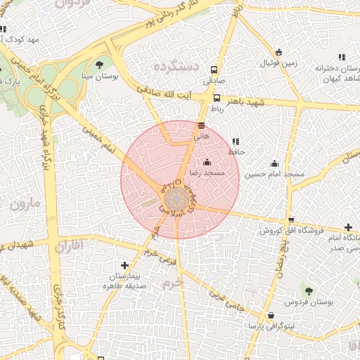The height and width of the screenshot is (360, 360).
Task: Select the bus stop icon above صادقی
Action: pos(214,70)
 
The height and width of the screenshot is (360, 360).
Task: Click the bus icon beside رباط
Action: pos(218,98)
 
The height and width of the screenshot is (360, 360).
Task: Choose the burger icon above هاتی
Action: pos(202,124)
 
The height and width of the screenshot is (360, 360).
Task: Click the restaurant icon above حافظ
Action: pos(235,141)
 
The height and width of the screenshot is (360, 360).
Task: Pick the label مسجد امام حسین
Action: pos(274,173)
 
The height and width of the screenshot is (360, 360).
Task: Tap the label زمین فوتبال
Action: pos(280,63)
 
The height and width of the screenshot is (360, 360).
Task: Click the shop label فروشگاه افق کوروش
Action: pos(290,231)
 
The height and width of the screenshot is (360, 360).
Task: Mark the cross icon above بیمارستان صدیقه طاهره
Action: pos(124,265)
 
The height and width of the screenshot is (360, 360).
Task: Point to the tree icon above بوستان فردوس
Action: pos(309,290)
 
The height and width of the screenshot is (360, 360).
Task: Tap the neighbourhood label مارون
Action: pos(26,206)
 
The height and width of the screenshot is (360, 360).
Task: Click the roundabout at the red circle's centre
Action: pos(176,196)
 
